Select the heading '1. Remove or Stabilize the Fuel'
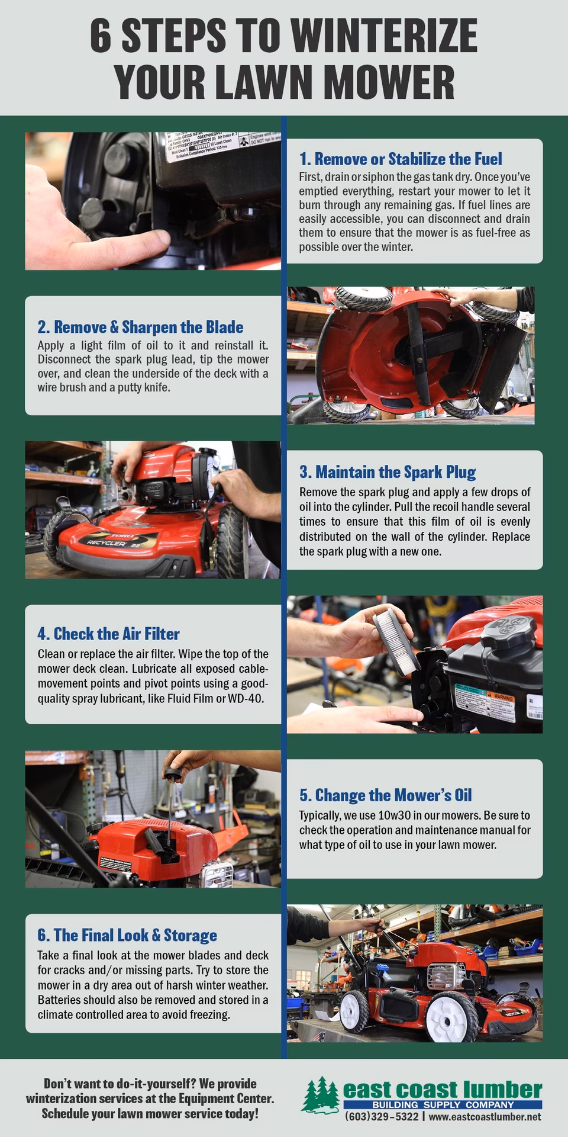pyautogui.click(x=401, y=159)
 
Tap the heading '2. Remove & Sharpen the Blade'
pyautogui.click(x=140, y=327)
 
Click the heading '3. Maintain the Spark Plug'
pyautogui.click(x=388, y=472)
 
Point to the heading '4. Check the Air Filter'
pyautogui.click(x=108, y=634)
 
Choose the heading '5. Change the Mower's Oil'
pyautogui.click(x=385, y=795)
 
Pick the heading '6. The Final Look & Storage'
pyautogui.click(x=127, y=935)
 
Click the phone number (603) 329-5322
pyautogui.click(x=382, y=1117)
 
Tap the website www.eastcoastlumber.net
pyautogui.click(x=485, y=1117)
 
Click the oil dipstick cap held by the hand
pyautogui.click(x=176, y=769)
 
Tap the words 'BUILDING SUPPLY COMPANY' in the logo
pyautogui.click(x=443, y=1105)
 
